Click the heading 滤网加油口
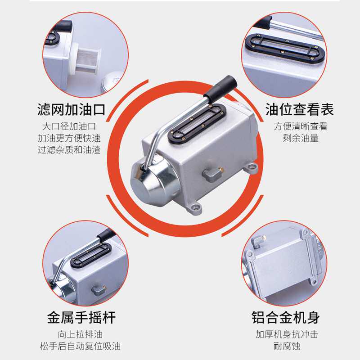71,109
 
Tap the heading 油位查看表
300,109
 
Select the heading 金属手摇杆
81,318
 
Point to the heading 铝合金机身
286,318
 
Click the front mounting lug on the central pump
195,208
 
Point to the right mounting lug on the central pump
251,167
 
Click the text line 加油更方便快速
69,138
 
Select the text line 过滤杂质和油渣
69,150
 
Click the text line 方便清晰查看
300,126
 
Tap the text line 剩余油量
301,138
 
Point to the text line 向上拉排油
80,334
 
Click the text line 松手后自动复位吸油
80,346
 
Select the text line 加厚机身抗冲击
287,334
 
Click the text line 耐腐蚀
287,346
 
